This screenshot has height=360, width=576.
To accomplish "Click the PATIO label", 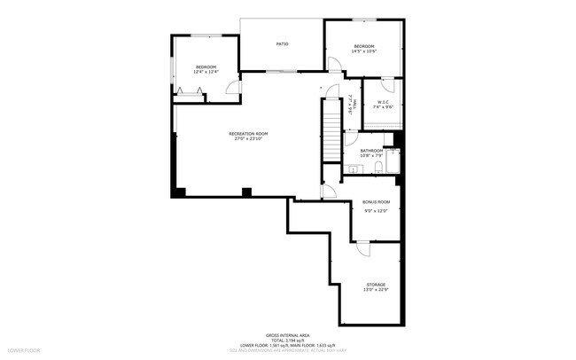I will click(x=282, y=43).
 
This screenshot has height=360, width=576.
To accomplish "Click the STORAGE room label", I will click(x=374, y=285).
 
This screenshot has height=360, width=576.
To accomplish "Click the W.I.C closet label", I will click(x=384, y=102).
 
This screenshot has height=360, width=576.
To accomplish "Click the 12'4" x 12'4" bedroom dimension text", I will click(x=206, y=73).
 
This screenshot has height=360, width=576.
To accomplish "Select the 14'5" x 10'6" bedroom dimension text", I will click(x=364, y=51).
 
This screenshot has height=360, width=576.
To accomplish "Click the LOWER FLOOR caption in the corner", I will click(x=23, y=352).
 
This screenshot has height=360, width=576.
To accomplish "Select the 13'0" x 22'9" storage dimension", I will click(x=374, y=290).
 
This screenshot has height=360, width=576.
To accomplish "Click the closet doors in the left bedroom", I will click(x=188, y=92).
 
